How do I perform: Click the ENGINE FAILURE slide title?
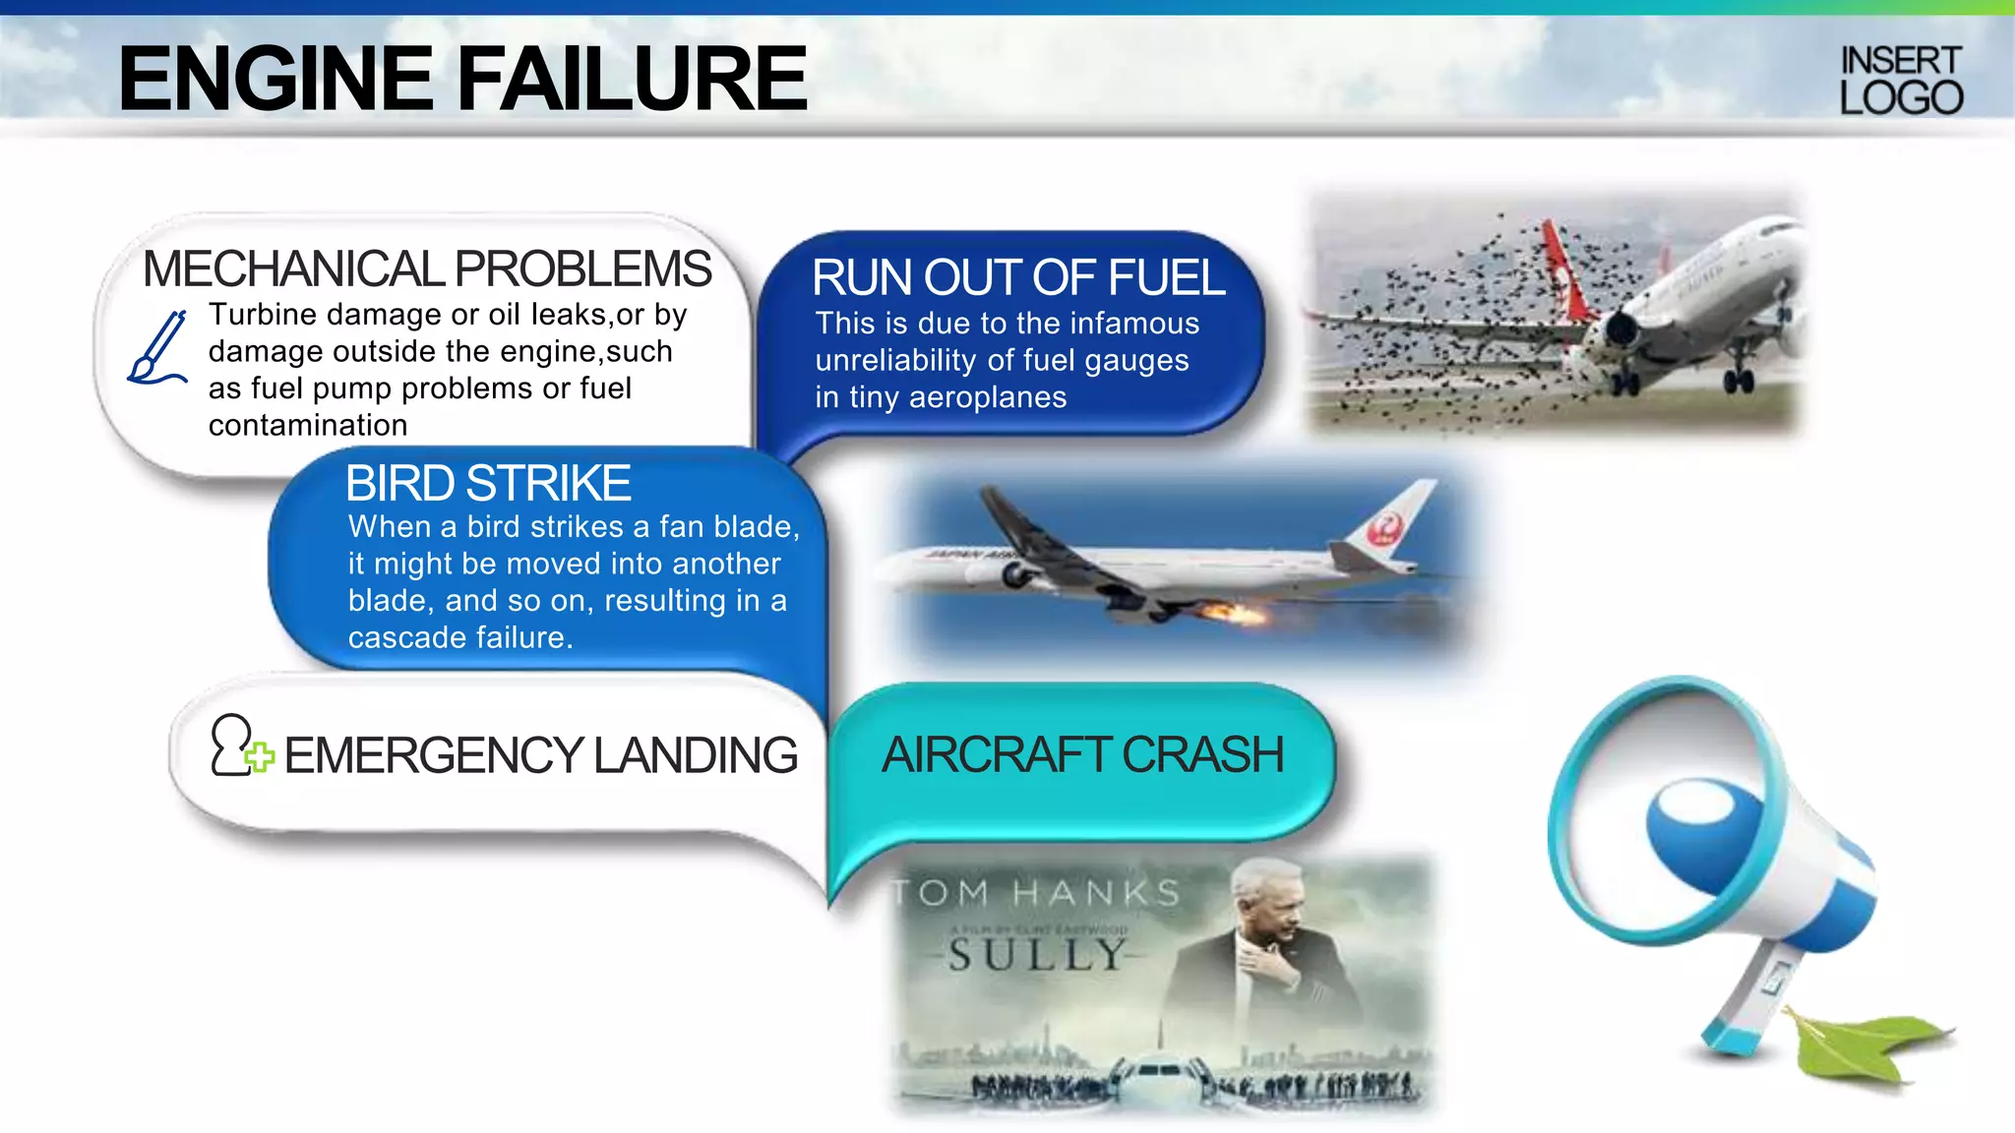click(462, 79)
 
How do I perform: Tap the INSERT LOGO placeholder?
click(1901, 81)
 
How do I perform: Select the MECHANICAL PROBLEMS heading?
click(427, 268)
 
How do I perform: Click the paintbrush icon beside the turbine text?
click(157, 348)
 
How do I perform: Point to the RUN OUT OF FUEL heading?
click(1018, 277)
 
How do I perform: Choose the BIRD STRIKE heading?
click(488, 483)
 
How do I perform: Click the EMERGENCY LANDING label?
click(540, 755)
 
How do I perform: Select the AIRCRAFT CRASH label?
click(1082, 755)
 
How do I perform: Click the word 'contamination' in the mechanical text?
click(308, 425)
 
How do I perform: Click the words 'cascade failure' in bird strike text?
click(459, 637)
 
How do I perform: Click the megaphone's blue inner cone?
click(1702, 831)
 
